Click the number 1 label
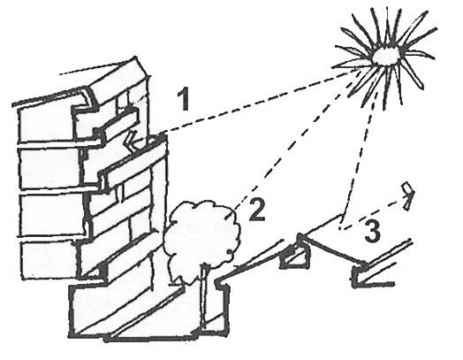pyautogui.click(x=185, y=100)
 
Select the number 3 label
pyautogui.click(x=374, y=231)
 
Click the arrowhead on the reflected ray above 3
pyautogui.click(x=409, y=195)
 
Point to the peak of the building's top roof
pyautogui.click(x=135, y=57)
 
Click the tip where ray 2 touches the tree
pyautogui.click(x=234, y=210)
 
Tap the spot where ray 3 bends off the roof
pyautogui.click(x=340, y=228)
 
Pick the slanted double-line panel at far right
pyautogui.click(x=388, y=253)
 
